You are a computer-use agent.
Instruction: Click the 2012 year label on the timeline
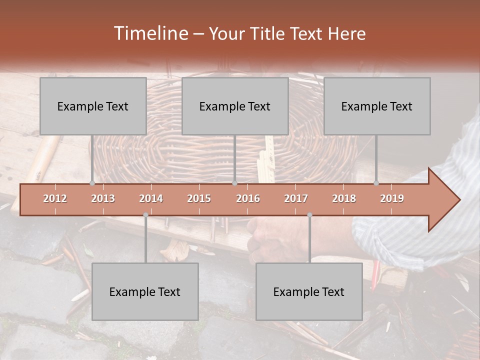point(55,198)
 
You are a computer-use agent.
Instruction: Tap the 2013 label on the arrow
point(103,198)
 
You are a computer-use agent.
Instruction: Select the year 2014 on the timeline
point(151,198)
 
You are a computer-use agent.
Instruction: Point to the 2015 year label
point(199,198)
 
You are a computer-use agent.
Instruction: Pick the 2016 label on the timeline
point(248,198)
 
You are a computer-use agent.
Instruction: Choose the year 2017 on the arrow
point(296,198)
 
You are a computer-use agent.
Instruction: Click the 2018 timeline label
point(344,198)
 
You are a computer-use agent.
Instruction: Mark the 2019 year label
point(392,198)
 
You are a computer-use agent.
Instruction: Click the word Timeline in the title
point(150,33)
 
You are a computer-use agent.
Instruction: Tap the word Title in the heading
point(266,33)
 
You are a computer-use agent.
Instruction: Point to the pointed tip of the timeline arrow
point(459,200)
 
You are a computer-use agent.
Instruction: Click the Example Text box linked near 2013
point(93,106)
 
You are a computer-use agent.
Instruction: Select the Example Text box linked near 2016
point(235,106)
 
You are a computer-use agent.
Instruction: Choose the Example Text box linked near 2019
point(377,106)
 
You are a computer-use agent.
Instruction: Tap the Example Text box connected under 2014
point(145,291)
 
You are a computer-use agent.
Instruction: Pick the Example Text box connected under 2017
point(309,291)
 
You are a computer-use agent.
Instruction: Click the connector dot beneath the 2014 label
point(145,215)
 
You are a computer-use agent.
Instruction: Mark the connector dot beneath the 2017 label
point(309,215)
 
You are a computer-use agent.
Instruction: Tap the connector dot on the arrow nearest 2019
point(376,183)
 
